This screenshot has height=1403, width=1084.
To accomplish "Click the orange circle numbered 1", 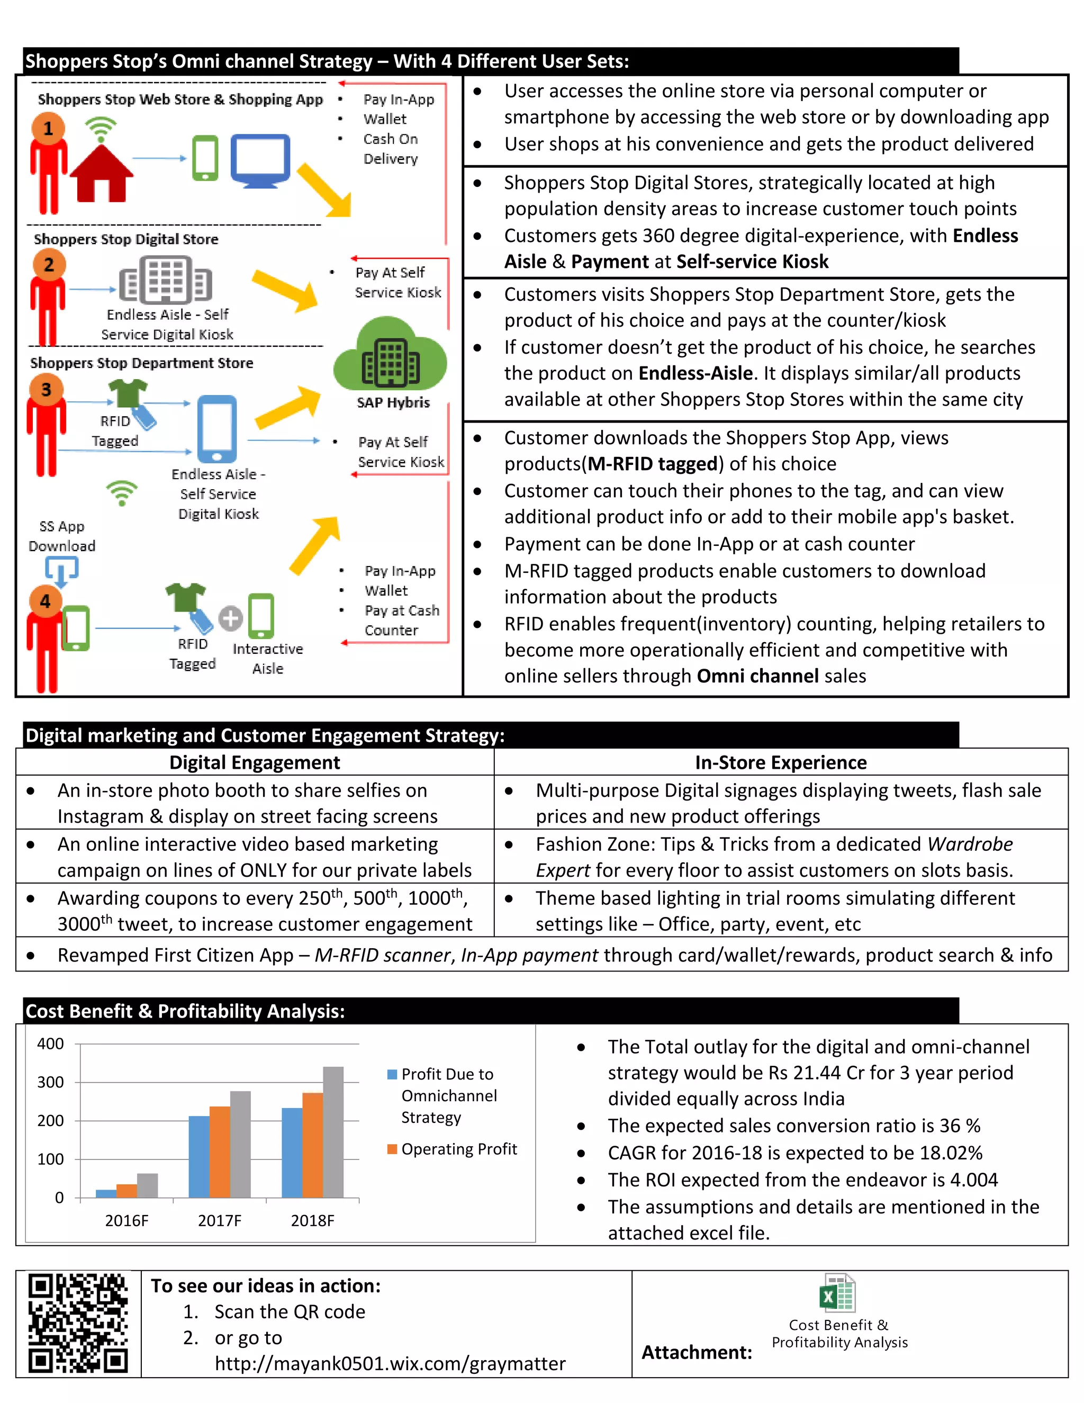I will [x=48, y=129].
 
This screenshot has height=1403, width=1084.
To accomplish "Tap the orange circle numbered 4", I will [x=46, y=601].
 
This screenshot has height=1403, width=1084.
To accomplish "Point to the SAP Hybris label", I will [x=393, y=403].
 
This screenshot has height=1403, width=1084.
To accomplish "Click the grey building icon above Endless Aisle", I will [x=166, y=280].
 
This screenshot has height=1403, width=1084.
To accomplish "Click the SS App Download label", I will [x=61, y=536].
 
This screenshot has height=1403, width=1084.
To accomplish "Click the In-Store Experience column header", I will [x=780, y=762].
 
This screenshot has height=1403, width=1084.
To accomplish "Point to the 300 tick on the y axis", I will [x=51, y=1083].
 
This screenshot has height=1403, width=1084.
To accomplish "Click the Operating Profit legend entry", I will [x=453, y=1149].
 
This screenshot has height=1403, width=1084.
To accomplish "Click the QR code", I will [x=78, y=1324].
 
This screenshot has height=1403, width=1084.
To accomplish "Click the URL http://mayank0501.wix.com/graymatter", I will [x=390, y=1364].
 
